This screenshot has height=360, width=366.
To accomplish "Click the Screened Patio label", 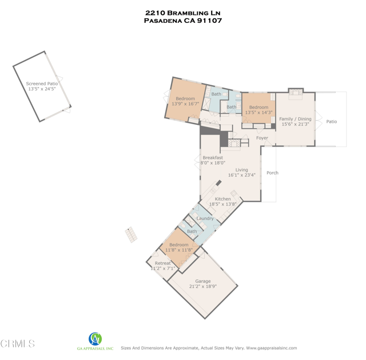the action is point(42,84).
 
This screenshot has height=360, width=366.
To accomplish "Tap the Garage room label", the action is point(203,281).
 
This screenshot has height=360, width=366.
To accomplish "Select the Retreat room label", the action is point(162,263).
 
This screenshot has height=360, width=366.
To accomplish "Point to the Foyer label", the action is point(262,138).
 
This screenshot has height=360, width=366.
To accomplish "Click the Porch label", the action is point(272,173).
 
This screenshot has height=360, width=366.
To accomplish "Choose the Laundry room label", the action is point(205,219).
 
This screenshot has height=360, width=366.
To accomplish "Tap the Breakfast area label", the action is point(213,158).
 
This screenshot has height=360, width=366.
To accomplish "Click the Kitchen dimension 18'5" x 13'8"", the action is point(222,204).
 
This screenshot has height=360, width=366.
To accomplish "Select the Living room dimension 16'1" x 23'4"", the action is point(242,175).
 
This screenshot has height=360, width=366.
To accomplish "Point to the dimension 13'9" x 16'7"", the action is point(185,104).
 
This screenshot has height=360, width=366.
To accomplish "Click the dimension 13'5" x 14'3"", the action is point(258,112).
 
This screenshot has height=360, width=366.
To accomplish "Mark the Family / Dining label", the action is point(295,119).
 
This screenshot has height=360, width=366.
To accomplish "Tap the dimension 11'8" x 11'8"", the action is point(179,250).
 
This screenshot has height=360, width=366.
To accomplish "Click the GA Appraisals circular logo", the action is point(95,339).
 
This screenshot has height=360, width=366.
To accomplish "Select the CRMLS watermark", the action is point(18,343).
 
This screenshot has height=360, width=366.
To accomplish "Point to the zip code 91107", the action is point(209,21).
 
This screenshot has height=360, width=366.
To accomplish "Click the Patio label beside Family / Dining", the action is point(332,121).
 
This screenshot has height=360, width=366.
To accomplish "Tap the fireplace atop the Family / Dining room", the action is point(296,92).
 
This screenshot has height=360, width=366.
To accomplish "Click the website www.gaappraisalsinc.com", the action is point(272,348).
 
